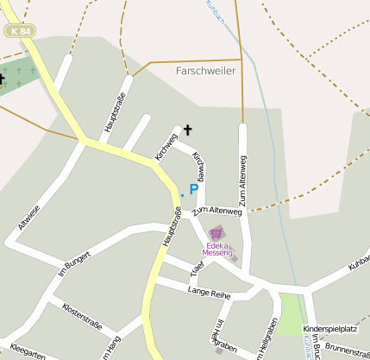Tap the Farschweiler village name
pos(204,71)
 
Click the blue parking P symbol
pos(194,189)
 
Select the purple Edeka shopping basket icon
pos(216,233)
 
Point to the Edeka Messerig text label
pos(218,248)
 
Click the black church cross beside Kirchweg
pos(187,130)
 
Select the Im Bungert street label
pos(74,264)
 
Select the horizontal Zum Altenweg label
pos(216,211)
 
